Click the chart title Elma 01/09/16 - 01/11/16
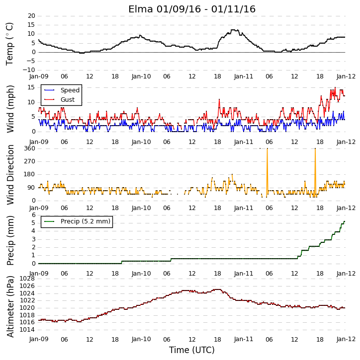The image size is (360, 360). [192, 9]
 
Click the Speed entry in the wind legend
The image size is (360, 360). [70, 90]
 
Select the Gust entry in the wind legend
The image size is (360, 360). [68, 100]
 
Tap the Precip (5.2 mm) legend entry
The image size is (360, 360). [86, 221]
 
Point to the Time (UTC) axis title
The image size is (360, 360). [192, 350]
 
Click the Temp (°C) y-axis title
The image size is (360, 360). [9, 44]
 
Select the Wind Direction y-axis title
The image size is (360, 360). [10, 174]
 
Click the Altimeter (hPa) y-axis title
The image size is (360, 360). [10, 307]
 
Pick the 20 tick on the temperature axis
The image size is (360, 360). [31, 16]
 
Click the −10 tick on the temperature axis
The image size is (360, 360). [29, 70]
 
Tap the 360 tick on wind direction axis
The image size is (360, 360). [30, 148]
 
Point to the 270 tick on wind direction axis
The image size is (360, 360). [30, 161]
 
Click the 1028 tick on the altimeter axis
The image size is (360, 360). [27, 279]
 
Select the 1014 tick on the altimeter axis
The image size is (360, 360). [27, 330]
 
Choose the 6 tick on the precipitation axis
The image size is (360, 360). [34, 215]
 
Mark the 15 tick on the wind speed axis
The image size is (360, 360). [31, 87]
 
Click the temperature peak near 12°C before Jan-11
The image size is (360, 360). [235, 30]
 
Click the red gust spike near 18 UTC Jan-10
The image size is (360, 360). [219, 99]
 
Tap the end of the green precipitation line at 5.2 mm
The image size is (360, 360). [345, 221]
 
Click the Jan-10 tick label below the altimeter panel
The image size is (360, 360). [141, 339]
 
